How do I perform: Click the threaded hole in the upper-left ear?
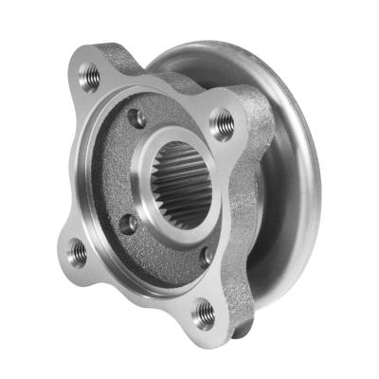[x=90, y=76]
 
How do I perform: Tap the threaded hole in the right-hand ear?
[x=223, y=120]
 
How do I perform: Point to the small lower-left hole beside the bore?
[x=126, y=224]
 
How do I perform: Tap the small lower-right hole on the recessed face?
[x=206, y=254]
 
